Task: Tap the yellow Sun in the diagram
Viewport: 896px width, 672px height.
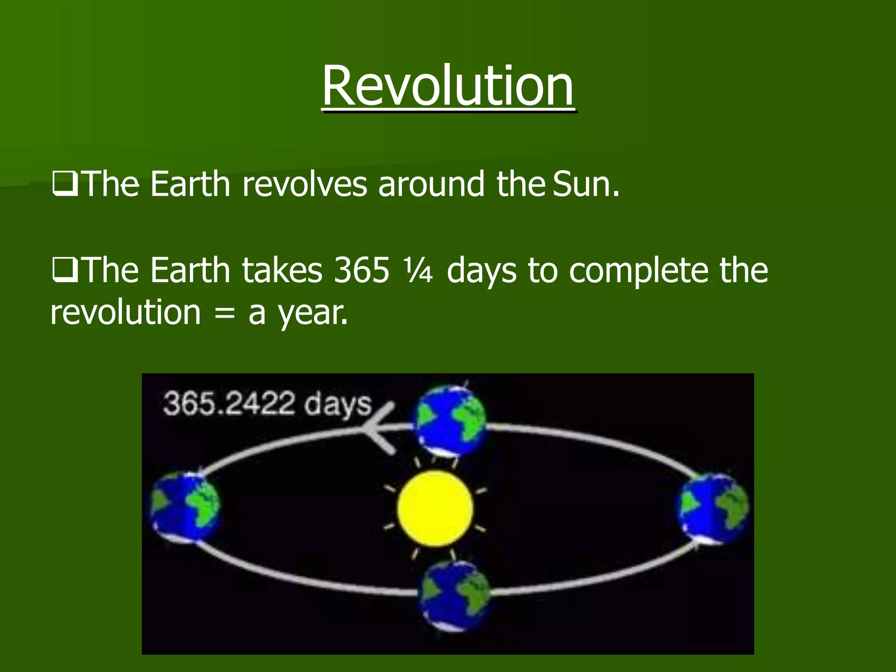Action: (x=435, y=509)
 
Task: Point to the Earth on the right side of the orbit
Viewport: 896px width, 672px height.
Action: (x=713, y=508)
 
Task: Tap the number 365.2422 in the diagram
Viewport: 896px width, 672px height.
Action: (x=229, y=403)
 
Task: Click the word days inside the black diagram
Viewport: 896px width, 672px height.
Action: (x=338, y=405)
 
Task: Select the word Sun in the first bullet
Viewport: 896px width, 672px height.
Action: (x=586, y=184)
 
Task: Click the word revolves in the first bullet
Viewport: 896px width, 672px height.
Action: (x=304, y=184)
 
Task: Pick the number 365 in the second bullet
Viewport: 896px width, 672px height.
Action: (x=361, y=270)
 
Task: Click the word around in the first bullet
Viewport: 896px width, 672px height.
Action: (x=431, y=184)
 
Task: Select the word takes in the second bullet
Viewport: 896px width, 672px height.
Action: (x=282, y=270)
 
